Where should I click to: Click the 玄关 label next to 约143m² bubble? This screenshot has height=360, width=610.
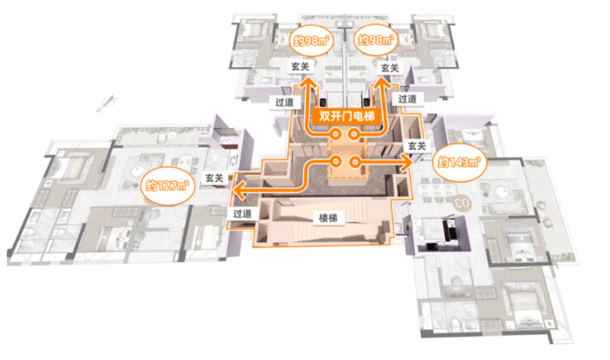coord(416,146)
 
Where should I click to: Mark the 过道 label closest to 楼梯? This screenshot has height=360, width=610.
coord(242,213)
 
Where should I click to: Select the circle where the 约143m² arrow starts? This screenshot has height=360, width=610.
coord(354,162)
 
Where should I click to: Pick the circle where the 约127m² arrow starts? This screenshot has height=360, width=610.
coord(336,162)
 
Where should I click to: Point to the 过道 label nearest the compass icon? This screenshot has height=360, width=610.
coord(284,102)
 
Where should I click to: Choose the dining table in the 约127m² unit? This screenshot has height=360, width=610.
coord(184,162)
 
